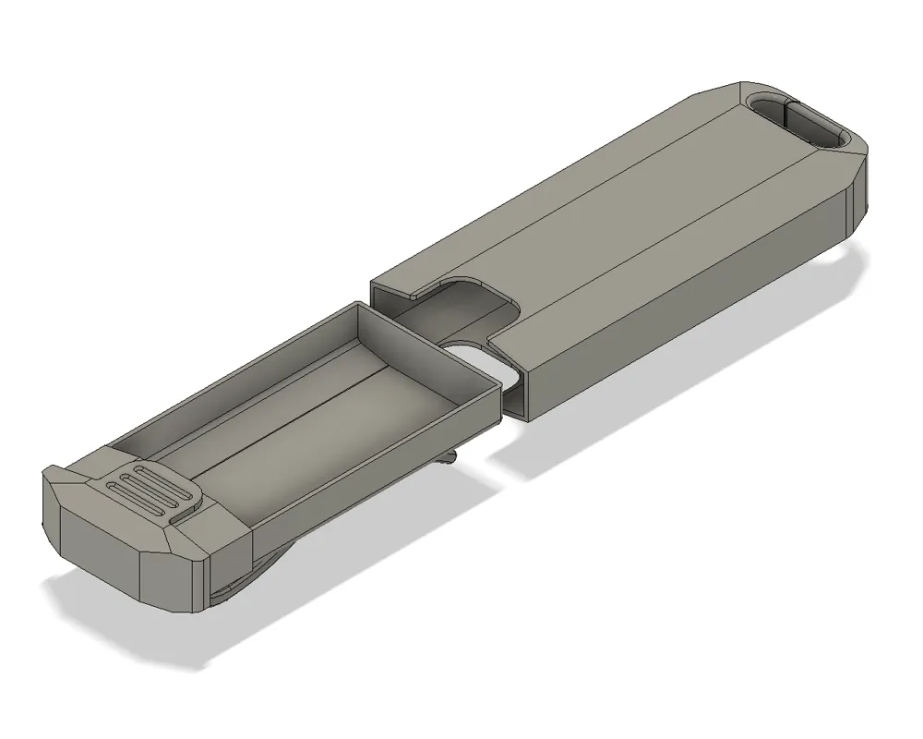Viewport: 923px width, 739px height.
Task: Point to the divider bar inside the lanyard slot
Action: coord(786,121)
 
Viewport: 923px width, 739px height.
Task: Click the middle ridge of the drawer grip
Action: coord(152,491)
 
